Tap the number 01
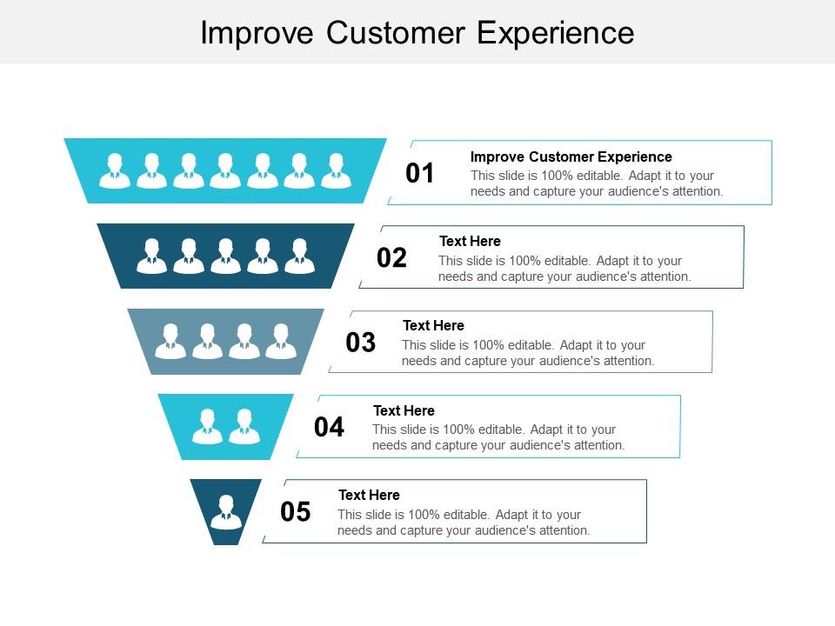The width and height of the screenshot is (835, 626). tap(420, 174)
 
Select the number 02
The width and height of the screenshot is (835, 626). tap(391, 258)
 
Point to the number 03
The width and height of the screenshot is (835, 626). tap(361, 343)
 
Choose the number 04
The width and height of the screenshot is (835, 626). tap(329, 427)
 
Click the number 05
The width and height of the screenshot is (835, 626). tap(296, 512)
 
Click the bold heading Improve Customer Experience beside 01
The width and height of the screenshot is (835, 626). tap(571, 156)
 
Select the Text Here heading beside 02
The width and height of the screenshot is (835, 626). tap(470, 241)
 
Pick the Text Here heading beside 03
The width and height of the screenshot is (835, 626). tap(433, 325)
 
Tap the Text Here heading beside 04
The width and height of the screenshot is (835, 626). tap(404, 410)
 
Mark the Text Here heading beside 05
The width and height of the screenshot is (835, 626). tap(369, 495)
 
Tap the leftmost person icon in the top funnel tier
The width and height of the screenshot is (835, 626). tap(115, 170)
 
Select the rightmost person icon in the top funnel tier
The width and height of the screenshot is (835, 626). tap(336, 170)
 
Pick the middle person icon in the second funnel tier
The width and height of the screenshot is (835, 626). tap(225, 256)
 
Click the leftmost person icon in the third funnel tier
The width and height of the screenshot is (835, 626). tap(170, 341)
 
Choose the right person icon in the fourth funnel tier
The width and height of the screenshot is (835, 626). tap(244, 426)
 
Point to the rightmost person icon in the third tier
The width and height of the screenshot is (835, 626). tap(281, 341)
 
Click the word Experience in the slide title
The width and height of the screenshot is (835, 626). tap(555, 32)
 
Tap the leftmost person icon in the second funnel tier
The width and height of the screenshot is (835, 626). tap(152, 256)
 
